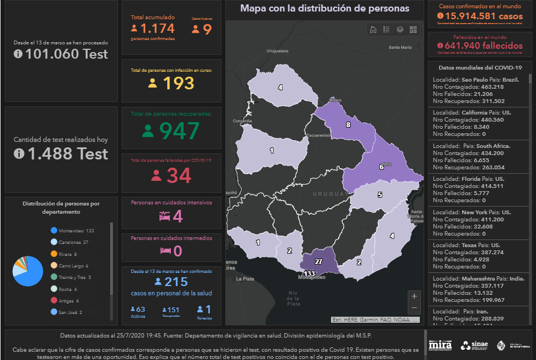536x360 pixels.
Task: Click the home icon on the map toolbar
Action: coord(373,30)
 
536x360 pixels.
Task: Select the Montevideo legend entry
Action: coord(76,231)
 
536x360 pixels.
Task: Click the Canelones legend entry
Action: coord(73,242)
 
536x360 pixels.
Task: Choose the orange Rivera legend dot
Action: coord(54,254)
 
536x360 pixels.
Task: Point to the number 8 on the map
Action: coord(347,125)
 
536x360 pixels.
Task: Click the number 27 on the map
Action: coord(318,261)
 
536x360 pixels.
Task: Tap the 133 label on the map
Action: coord(309,273)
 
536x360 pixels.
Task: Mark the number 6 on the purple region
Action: coord(381,167)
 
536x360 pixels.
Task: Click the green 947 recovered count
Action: coord(178,131)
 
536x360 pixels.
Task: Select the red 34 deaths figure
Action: coord(179,176)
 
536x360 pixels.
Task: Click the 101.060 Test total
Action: coord(66,54)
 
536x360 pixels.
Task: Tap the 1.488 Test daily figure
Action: coord(67,154)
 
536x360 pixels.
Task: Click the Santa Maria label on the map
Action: coord(400,47)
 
